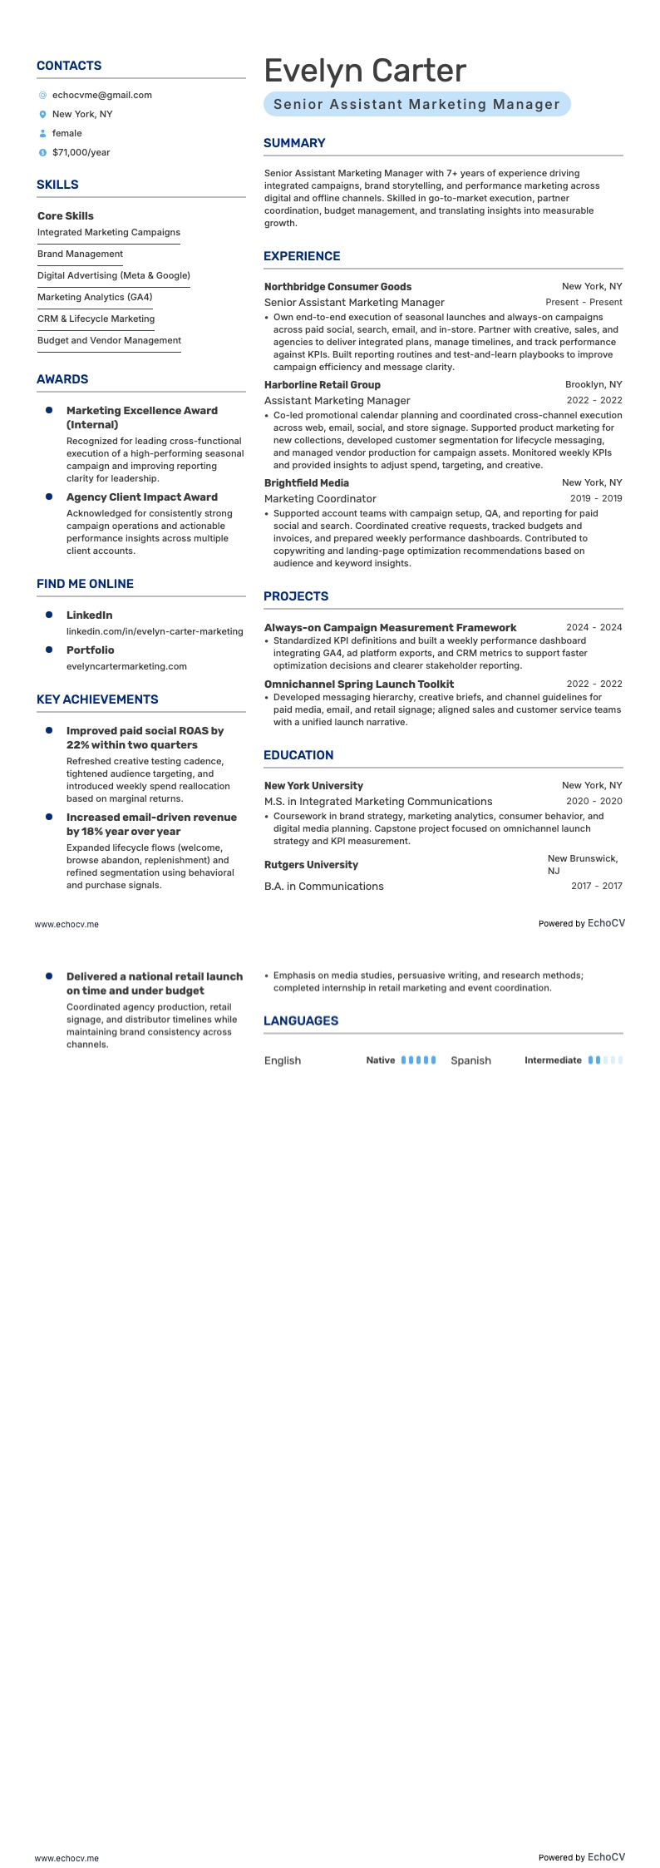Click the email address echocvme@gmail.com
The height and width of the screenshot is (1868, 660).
click(x=101, y=95)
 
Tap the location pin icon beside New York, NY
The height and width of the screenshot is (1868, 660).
click(x=42, y=114)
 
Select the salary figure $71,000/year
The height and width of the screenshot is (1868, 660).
click(x=81, y=152)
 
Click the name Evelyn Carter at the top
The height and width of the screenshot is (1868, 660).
click(x=365, y=71)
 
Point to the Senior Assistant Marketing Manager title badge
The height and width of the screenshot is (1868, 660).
click(x=416, y=104)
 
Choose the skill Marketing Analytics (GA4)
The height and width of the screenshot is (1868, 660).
click(x=95, y=297)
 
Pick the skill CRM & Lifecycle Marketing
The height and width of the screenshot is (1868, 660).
click(x=96, y=319)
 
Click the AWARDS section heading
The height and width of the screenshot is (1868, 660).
click(x=62, y=379)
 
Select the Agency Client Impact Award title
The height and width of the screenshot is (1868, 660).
click(x=141, y=497)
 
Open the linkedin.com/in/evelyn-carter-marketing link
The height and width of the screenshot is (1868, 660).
click(x=155, y=631)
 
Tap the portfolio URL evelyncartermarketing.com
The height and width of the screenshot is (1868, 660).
click(x=126, y=666)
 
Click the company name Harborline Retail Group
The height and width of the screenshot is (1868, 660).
click(x=323, y=384)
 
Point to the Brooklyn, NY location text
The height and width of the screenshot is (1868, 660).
click(x=594, y=384)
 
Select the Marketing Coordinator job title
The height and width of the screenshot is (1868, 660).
click(x=320, y=498)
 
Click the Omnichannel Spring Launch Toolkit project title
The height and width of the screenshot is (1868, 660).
click(x=359, y=684)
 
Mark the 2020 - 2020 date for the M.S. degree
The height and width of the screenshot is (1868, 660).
click(x=594, y=801)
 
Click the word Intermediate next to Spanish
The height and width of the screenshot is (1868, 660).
click(x=553, y=1060)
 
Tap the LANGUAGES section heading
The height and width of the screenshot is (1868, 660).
click(x=301, y=1020)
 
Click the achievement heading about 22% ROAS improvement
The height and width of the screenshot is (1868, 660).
click(x=145, y=738)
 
